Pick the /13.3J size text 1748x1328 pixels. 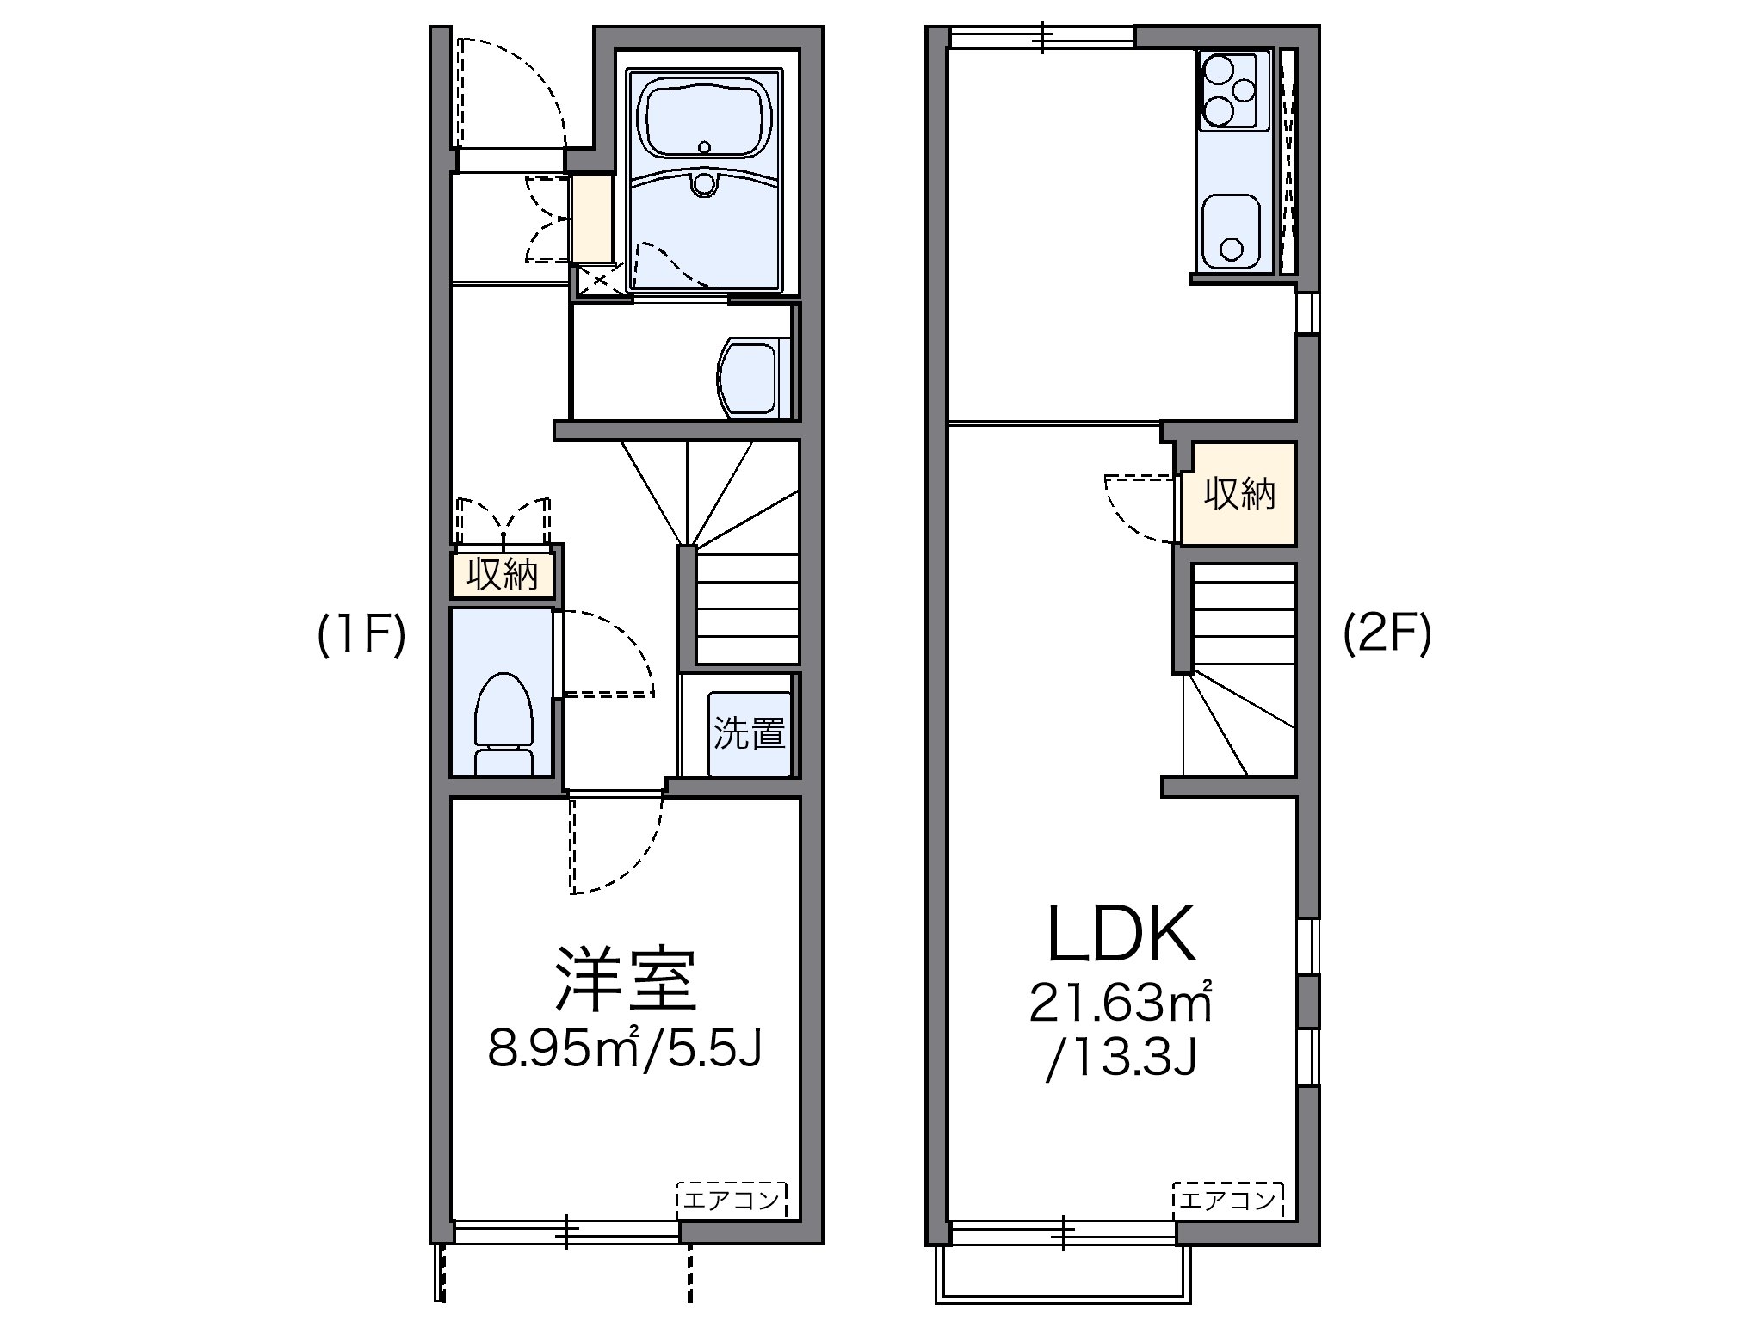tap(1121, 1059)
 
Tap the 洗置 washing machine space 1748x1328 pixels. tap(749, 732)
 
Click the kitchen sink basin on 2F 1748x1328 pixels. tap(1231, 230)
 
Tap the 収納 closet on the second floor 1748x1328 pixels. tap(1238, 494)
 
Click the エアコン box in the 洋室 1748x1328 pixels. tap(732, 1199)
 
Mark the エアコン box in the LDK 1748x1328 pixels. tap(1227, 1199)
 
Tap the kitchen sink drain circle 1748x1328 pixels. tap(1232, 249)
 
